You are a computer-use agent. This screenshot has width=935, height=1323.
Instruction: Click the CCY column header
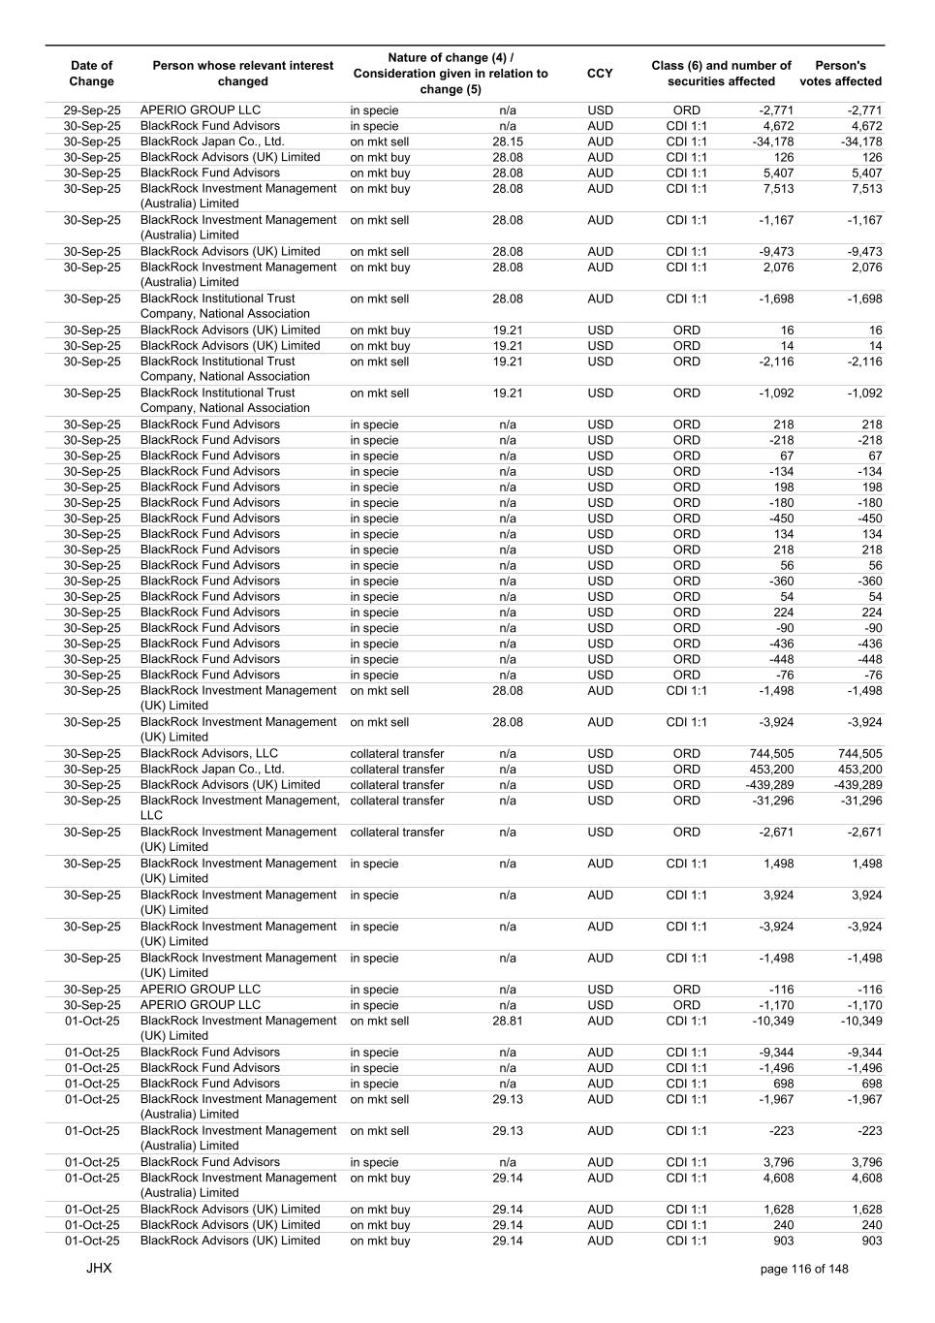(600, 74)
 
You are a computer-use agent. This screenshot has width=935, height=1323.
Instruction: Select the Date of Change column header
(91, 74)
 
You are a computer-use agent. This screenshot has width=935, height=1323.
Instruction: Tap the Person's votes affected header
(840, 74)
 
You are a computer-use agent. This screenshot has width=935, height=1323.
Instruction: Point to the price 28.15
(507, 142)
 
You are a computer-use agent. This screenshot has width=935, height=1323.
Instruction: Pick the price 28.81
(507, 1021)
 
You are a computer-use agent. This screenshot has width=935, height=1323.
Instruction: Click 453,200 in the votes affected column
(859, 770)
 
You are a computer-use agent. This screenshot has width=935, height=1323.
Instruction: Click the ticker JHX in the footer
(99, 1268)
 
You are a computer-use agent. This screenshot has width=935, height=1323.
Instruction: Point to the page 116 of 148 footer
(804, 1269)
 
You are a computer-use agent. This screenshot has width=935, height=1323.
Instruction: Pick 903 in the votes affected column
(870, 1241)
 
